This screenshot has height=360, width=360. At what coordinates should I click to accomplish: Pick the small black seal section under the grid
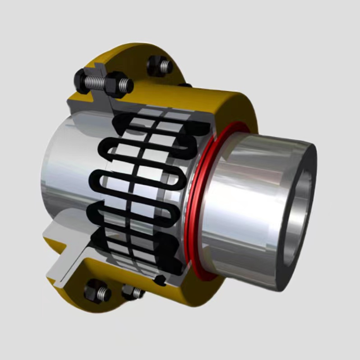click(159, 282)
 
